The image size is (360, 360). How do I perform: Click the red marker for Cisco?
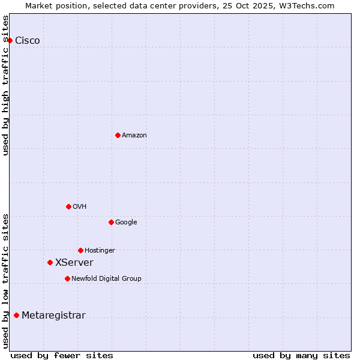(x=10, y=40)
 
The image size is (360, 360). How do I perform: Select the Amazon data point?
(x=118, y=135)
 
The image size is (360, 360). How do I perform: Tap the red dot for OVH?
(x=68, y=206)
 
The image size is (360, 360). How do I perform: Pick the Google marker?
(x=111, y=222)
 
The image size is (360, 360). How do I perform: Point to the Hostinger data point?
(x=80, y=250)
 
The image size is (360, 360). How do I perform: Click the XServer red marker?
(x=50, y=262)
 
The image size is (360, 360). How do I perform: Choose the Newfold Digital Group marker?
(x=67, y=278)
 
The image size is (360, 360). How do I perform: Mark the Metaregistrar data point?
(x=16, y=315)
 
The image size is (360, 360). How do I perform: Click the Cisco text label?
(x=28, y=41)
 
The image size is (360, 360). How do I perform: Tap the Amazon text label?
(x=134, y=136)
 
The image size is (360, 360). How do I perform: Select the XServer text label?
(x=74, y=263)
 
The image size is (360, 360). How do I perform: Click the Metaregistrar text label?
(x=53, y=316)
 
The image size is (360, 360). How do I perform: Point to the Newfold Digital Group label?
(x=106, y=279)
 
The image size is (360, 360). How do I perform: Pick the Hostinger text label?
(x=100, y=251)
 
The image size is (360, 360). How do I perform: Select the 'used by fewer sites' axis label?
(x=62, y=355)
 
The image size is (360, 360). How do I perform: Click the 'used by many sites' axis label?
(x=301, y=355)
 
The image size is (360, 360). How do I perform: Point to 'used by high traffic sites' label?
(x=6, y=85)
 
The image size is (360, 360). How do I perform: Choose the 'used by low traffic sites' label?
(x=6, y=280)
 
